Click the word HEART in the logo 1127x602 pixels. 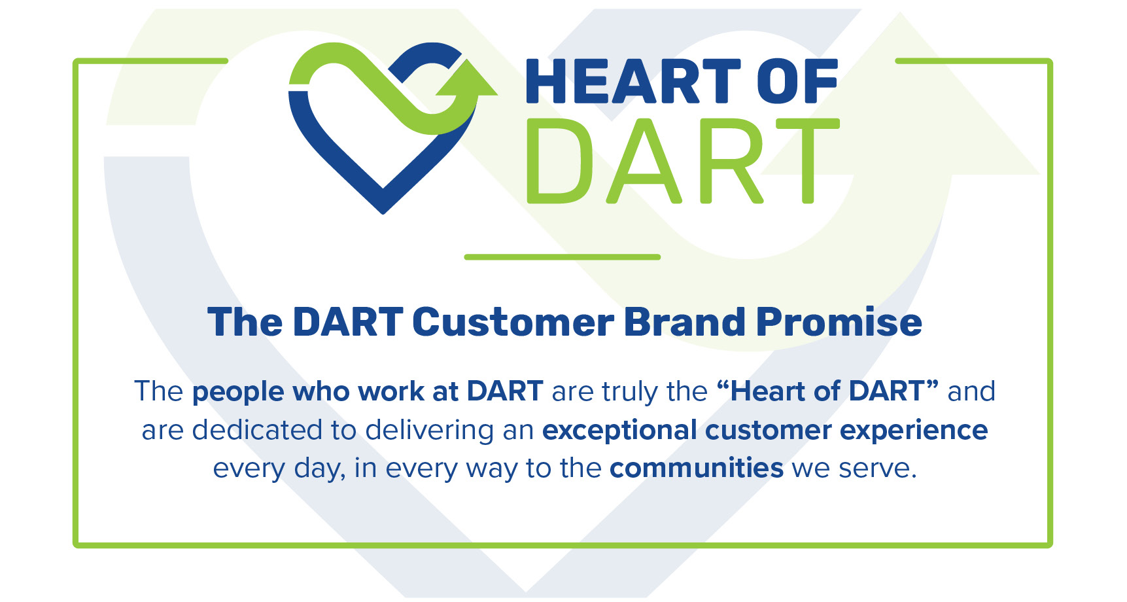633,81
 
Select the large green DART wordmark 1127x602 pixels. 683,161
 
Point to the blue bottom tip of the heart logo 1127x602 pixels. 383,211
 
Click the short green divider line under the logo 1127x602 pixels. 563,257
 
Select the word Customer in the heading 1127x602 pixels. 513,322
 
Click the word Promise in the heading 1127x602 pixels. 839,322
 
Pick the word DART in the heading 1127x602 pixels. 348,322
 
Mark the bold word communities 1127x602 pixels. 697,469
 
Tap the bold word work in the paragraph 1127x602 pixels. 390,391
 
